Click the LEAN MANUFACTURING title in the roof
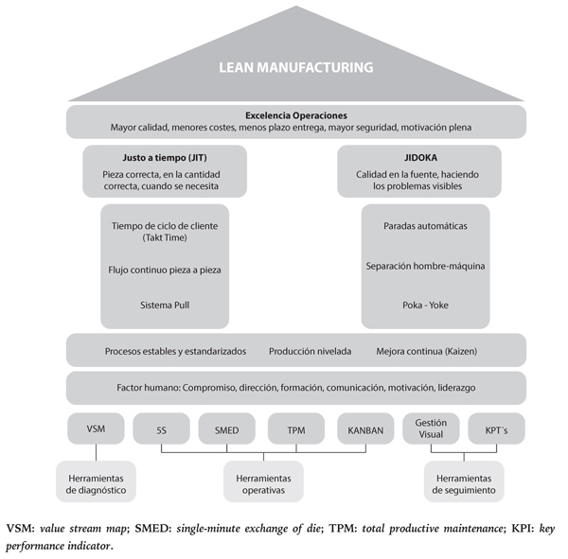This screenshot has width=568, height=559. (296, 67)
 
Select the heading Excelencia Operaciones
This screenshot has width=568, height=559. (296, 114)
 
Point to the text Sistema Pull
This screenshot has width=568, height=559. (165, 305)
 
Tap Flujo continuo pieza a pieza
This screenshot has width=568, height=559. (165, 270)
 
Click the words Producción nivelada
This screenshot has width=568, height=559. (310, 351)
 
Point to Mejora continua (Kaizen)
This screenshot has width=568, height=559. (426, 351)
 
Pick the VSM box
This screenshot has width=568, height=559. (96, 429)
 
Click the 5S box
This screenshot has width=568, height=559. (162, 429)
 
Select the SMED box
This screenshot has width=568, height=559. (227, 429)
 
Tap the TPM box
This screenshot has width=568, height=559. (296, 429)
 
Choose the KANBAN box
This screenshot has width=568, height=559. (364, 429)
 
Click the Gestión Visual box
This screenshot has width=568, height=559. (431, 429)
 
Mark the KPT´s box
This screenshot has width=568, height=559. (496, 429)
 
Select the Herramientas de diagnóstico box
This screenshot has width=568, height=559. (96, 482)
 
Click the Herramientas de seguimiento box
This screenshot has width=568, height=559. (464, 482)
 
